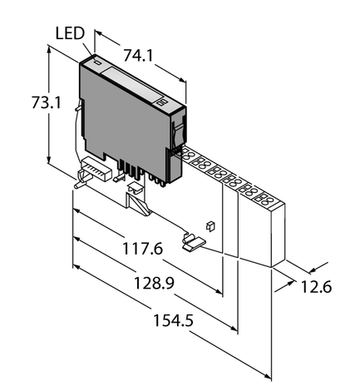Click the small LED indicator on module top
pos(96,62)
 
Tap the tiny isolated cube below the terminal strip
pos(212,225)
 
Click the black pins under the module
pos(131,170)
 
